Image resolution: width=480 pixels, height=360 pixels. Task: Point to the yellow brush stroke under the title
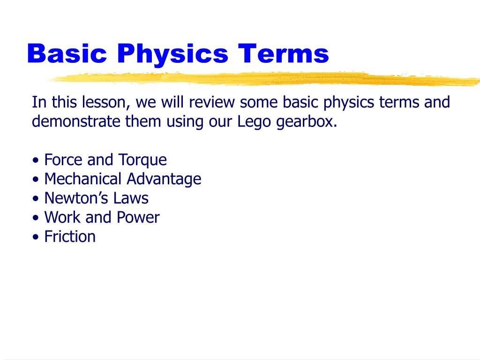262,79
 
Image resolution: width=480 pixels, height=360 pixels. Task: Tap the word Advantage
163,180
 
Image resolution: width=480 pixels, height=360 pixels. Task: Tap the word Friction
70,236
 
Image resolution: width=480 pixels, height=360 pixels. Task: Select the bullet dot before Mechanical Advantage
36,180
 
